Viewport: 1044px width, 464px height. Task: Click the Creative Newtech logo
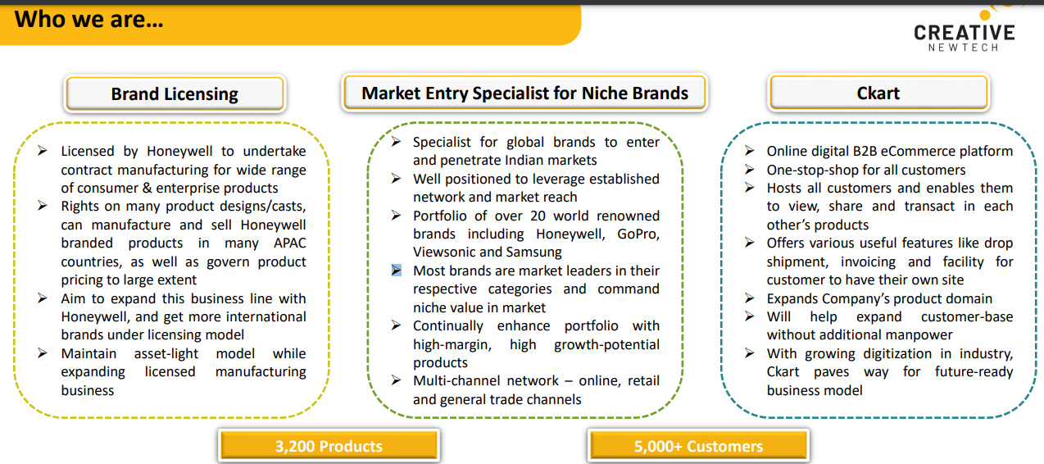tap(964, 30)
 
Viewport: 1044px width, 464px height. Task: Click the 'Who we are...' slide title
tap(89, 20)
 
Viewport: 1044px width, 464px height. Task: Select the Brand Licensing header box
tap(175, 93)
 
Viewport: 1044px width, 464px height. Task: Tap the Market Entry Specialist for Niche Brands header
tap(524, 93)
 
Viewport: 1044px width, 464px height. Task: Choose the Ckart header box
tap(878, 93)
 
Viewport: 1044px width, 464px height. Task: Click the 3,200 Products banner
tap(329, 446)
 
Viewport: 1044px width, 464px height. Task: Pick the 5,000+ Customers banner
tap(698, 446)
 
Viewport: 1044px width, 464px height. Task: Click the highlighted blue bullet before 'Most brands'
tap(396, 271)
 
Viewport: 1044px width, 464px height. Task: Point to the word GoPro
tap(638, 234)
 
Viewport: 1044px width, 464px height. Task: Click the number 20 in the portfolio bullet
tap(538, 216)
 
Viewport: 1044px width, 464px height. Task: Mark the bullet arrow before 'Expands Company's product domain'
tap(750, 298)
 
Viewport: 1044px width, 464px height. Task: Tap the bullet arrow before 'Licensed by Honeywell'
tap(43, 151)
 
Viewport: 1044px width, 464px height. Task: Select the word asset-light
tap(166, 354)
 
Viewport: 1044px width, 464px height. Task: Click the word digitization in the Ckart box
tap(897, 354)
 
